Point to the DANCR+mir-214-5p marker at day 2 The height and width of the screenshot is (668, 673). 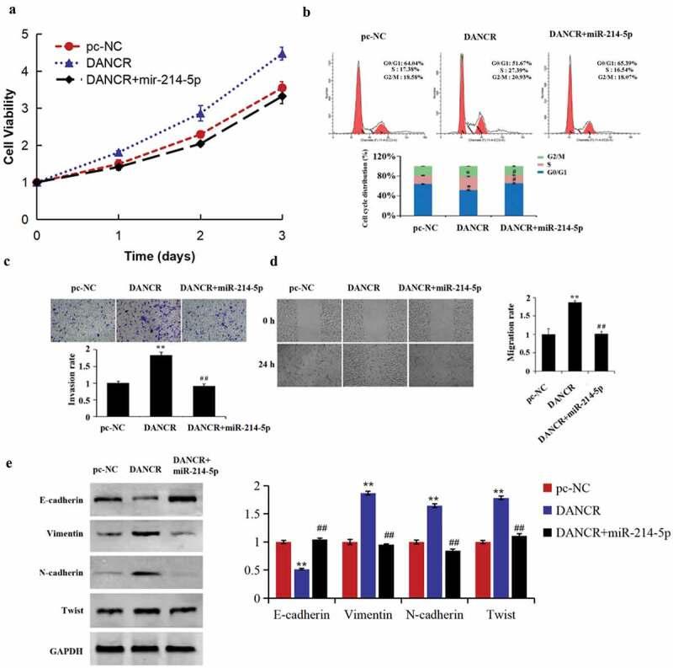199,143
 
